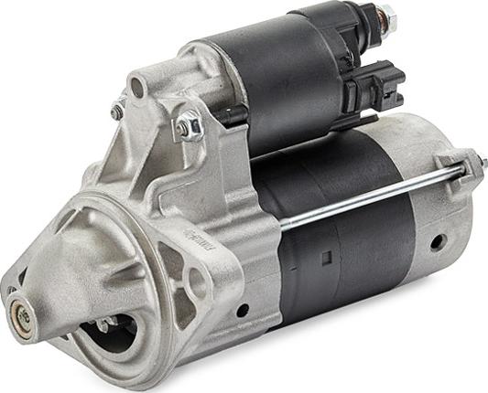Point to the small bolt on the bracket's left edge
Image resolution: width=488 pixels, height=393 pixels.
click(116, 111)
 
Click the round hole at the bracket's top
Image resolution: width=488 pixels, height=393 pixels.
click(137, 88)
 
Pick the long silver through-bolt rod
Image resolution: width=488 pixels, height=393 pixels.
click(366, 196)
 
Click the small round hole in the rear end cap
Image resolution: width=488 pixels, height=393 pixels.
click(438, 242)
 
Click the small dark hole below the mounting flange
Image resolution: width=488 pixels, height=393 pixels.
click(243, 310)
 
